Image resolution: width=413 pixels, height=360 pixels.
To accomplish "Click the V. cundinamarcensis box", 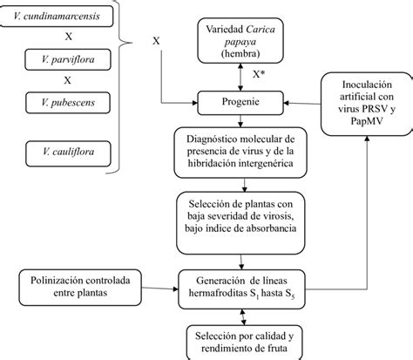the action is pos(57,17).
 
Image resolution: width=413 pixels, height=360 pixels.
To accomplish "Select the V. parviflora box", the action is pos(68,59).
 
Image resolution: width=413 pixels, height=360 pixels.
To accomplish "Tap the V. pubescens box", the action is pos(68,103).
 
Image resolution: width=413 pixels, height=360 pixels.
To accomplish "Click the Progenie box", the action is pos(240,103).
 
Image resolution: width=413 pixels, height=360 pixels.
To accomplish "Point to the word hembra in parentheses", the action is pos(240,53).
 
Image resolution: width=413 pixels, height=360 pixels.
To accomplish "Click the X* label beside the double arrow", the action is pos(259,75).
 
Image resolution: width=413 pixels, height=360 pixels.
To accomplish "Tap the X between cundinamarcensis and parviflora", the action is pos(69,37).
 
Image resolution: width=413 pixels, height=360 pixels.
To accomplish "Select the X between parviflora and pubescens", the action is pos(67,80).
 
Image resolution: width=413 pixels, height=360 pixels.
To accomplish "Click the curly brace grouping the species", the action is pos(119,87).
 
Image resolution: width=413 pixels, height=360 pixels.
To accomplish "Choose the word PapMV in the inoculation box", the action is pos(366,121).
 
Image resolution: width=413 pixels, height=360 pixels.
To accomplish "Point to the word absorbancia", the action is pos(271,228).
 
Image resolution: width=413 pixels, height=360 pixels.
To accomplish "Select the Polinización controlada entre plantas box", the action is pos(80,288).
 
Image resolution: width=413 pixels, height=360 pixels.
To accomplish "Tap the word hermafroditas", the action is pos(218,293).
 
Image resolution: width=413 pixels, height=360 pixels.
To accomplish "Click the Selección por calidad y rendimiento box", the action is pos(244,343).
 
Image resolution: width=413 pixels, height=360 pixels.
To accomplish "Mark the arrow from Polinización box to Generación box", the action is pos(159,289).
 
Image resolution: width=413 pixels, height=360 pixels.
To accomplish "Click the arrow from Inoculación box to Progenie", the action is pos(302,104).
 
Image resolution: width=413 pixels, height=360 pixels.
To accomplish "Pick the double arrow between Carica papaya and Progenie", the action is pos(240,78).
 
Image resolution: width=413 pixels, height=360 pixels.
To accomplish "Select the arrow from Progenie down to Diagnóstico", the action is pos(240,121).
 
